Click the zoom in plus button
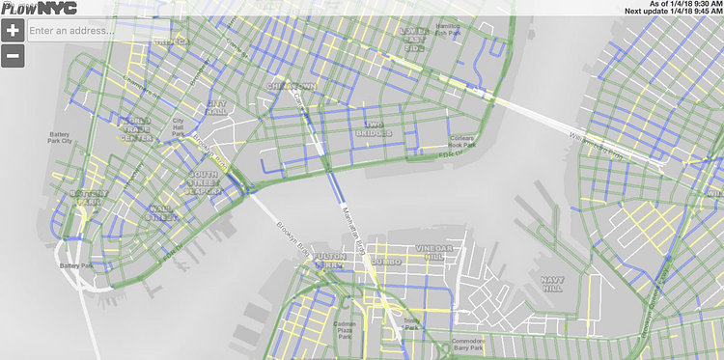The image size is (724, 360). point(14,30)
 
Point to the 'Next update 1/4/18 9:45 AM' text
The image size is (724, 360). point(673,12)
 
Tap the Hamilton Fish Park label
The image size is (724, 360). point(448,30)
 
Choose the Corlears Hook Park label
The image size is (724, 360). point(458,141)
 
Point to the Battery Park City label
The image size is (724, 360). point(69,140)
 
